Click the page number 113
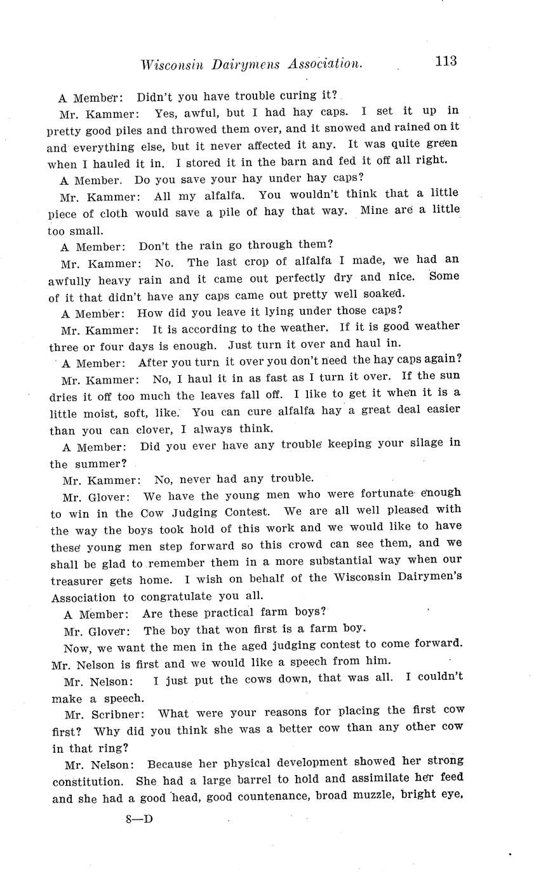[x=446, y=61]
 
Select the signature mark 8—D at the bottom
[x=140, y=819]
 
